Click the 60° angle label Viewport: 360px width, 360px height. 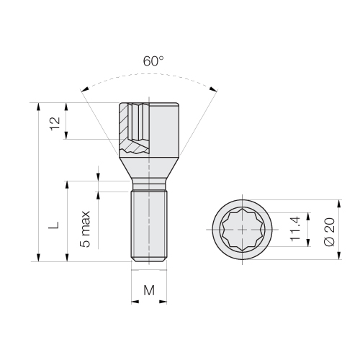pos(153,61)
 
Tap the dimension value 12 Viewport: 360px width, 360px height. pos(55,123)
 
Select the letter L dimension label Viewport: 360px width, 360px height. pos(54,225)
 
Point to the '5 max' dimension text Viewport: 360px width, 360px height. pos(85,229)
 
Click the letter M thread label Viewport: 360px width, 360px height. pos(149,290)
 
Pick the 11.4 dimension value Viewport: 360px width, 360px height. pos(295,228)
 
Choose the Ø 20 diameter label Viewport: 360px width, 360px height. pos(329,232)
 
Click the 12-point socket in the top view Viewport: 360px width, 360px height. pos(243,230)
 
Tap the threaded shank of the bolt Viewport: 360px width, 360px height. pos(149,225)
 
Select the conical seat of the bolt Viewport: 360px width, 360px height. pos(149,168)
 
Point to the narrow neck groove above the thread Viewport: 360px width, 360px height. pos(149,186)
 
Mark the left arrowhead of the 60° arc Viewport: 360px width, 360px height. pos(85,89)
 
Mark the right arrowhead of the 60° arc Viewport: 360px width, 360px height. pos(213,89)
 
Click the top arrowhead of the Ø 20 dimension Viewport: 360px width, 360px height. pos(339,204)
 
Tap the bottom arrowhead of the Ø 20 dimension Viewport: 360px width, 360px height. pos(339,255)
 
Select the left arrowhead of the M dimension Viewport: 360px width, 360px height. pos(135,302)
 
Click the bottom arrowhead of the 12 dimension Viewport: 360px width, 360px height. pos(66,135)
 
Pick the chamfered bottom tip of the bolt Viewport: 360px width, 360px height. pos(149,260)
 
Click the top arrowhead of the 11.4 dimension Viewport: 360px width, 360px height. pos(308,217)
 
